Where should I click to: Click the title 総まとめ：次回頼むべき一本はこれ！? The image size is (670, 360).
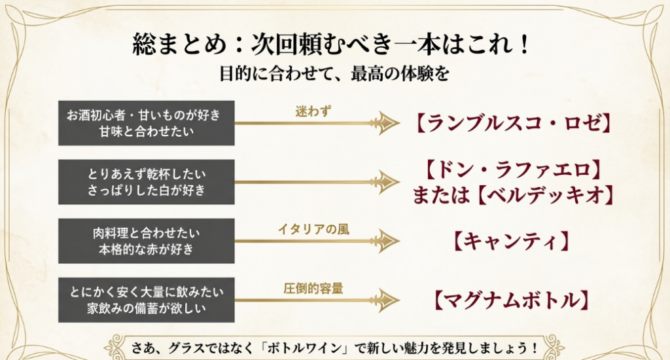(334, 46)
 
